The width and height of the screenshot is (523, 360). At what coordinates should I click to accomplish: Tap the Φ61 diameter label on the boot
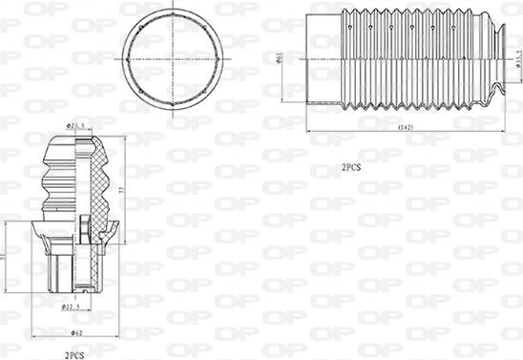(278, 57)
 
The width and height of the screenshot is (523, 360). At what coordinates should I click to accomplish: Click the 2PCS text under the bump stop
(74, 354)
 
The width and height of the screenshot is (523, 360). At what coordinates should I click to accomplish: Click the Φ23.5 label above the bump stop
(76, 125)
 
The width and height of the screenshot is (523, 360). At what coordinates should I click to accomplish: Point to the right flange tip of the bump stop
(117, 226)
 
